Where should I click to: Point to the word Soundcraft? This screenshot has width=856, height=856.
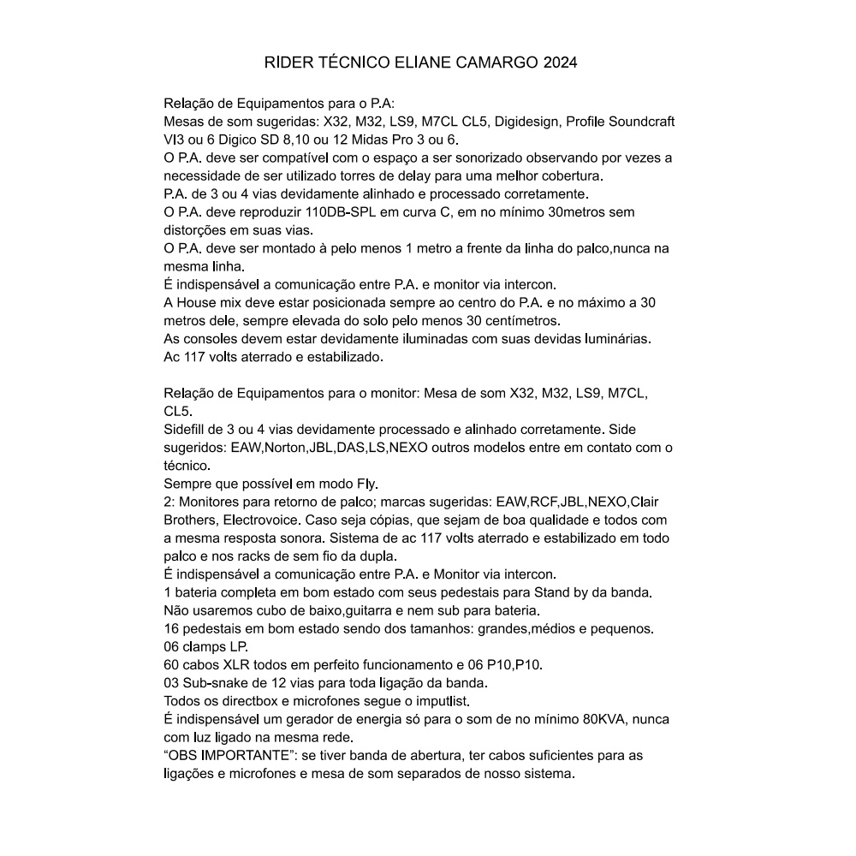pyautogui.click(x=643, y=122)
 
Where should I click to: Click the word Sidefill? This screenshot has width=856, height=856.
pyautogui.click(x=188, y=429)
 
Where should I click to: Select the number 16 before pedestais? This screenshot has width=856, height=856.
pyautogui.click(x=171, y=628)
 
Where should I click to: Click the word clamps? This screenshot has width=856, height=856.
pyautogui.click(x=207, y=646)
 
